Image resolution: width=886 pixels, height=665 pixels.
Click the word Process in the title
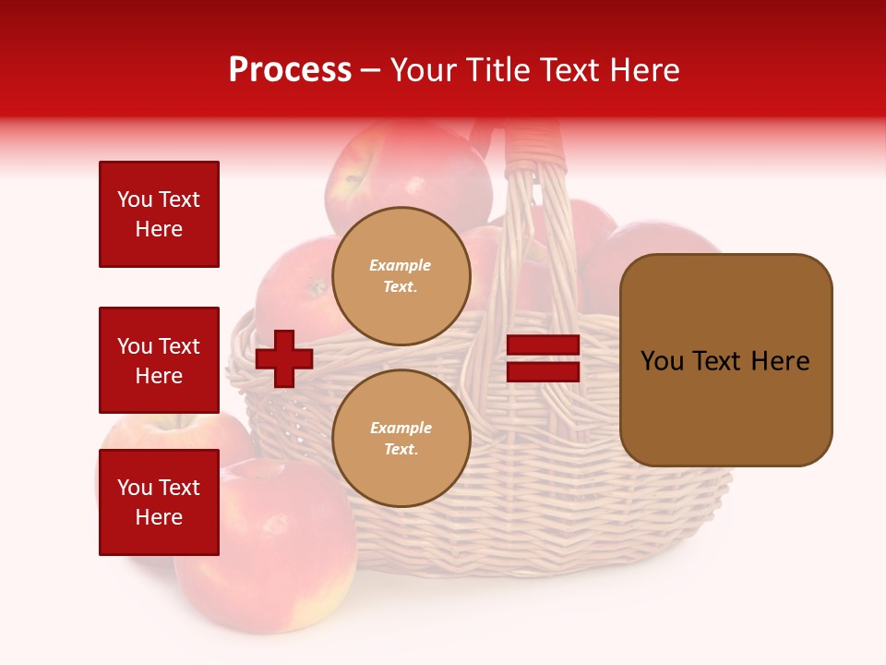pos(290,70)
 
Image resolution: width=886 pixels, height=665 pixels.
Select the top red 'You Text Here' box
pos(159,214)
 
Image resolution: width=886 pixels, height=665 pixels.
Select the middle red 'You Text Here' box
pos(159,360)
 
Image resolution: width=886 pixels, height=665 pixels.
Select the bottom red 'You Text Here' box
pos(159,502)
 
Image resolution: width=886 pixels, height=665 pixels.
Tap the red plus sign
pos(284,358)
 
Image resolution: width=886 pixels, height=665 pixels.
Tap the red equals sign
pos(544,358)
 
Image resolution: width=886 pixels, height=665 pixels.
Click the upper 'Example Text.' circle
pos(401,276)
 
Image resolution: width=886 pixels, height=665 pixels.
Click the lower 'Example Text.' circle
pos(401,439)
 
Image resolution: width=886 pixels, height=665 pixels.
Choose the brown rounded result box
pos(725,360)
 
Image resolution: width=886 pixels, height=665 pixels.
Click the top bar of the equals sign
pos(544,345)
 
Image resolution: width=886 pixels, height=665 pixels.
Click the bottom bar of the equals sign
pos(544,371)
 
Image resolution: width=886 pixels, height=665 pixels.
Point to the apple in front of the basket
pos(268,563)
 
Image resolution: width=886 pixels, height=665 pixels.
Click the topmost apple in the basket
pos(406,171)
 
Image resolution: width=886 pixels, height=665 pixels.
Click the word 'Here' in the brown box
pos(781,361)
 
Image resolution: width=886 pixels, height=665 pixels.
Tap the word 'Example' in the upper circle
pos(400,265)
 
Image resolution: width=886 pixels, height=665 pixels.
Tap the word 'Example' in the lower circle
pos(401,428)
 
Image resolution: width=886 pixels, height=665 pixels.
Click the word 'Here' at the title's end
pos(644,70)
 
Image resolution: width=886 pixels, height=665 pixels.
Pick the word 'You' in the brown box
pos(662,361)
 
